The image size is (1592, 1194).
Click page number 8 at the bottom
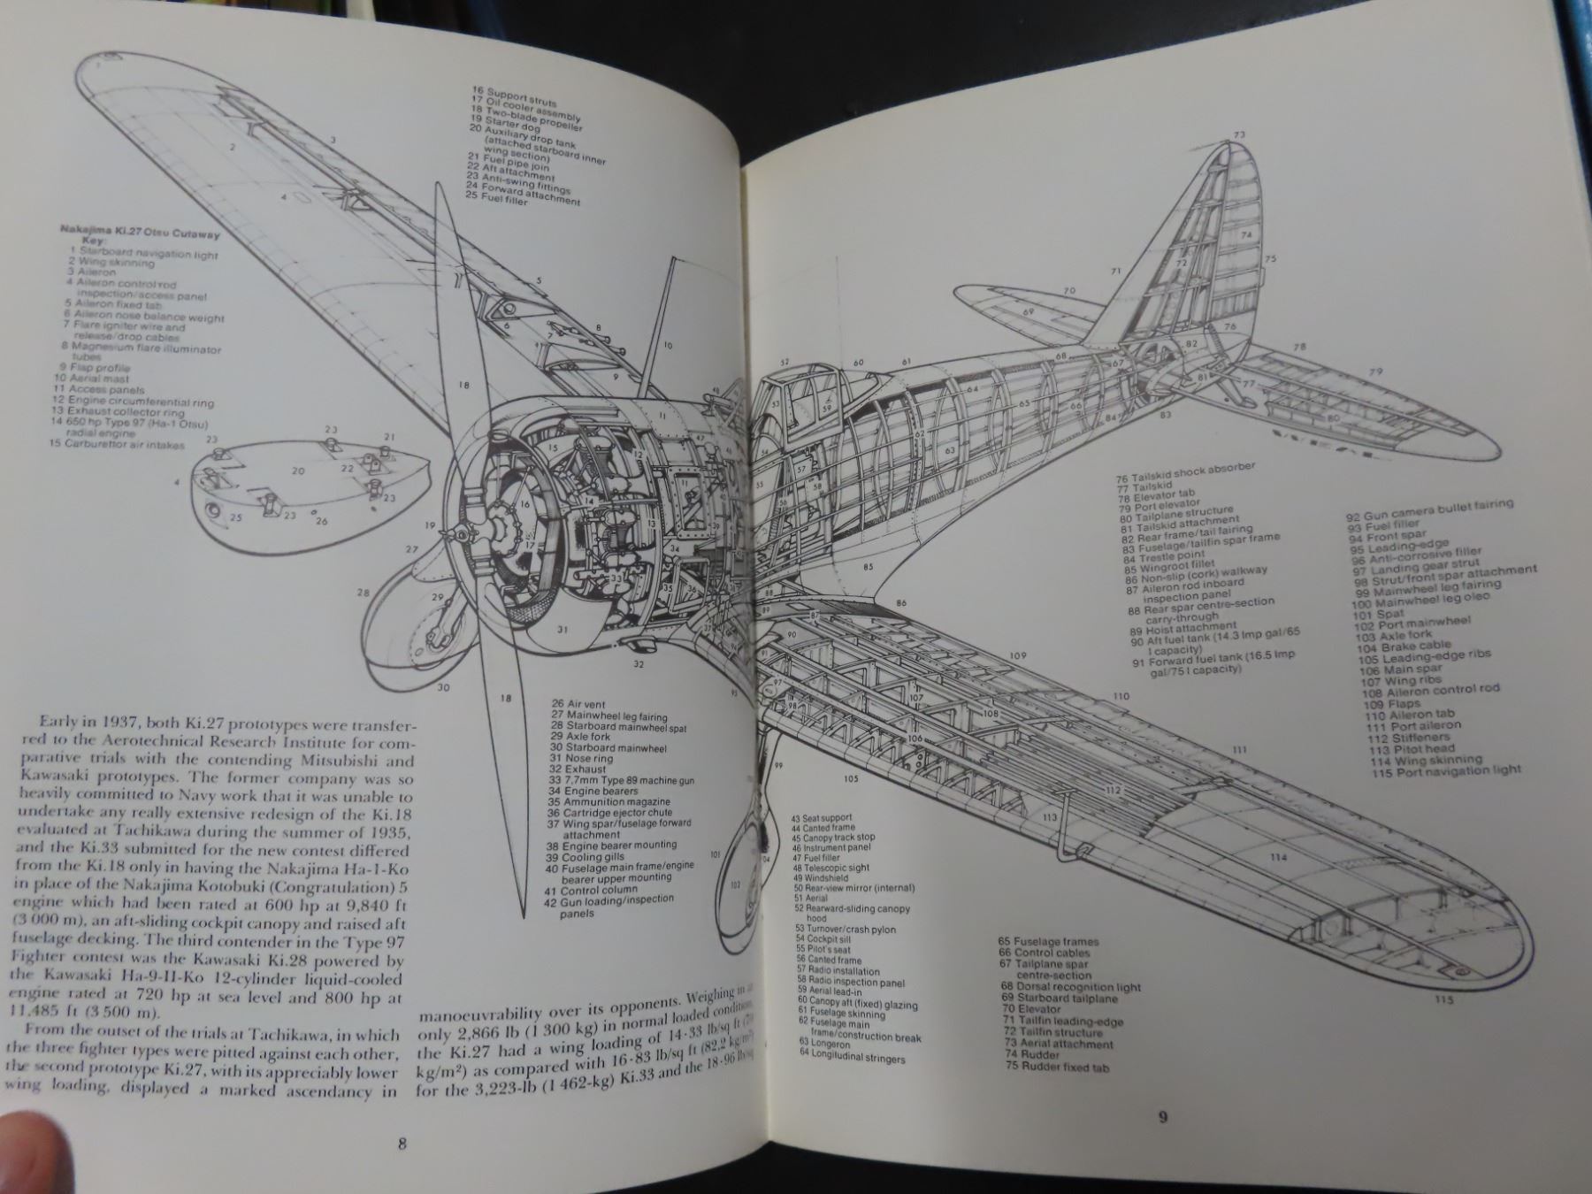402,1143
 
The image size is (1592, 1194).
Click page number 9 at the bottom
1162,1116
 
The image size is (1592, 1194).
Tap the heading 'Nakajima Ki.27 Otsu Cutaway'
140,234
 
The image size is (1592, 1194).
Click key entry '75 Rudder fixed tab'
1056,1067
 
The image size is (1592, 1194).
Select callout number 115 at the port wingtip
1444,1000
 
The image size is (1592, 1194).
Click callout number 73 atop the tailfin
1238,135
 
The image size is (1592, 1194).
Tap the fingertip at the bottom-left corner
22,1150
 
